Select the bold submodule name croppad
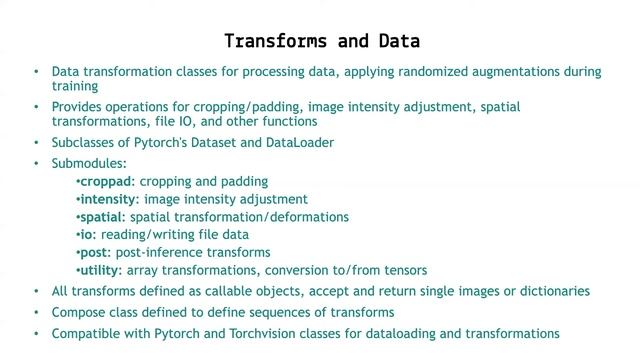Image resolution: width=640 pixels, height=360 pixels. click(104, 182)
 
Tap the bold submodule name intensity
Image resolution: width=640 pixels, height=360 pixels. click(107, 199)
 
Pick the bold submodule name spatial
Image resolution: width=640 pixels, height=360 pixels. click(102, 217)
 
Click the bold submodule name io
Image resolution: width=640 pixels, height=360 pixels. click(85, 234)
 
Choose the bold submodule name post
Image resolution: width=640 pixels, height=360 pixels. click(96, 252)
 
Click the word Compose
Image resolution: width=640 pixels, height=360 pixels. click(77, 312)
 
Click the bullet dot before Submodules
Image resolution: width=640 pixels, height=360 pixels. click(37, 162)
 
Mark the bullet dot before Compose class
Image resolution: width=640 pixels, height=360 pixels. click(37, 312)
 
